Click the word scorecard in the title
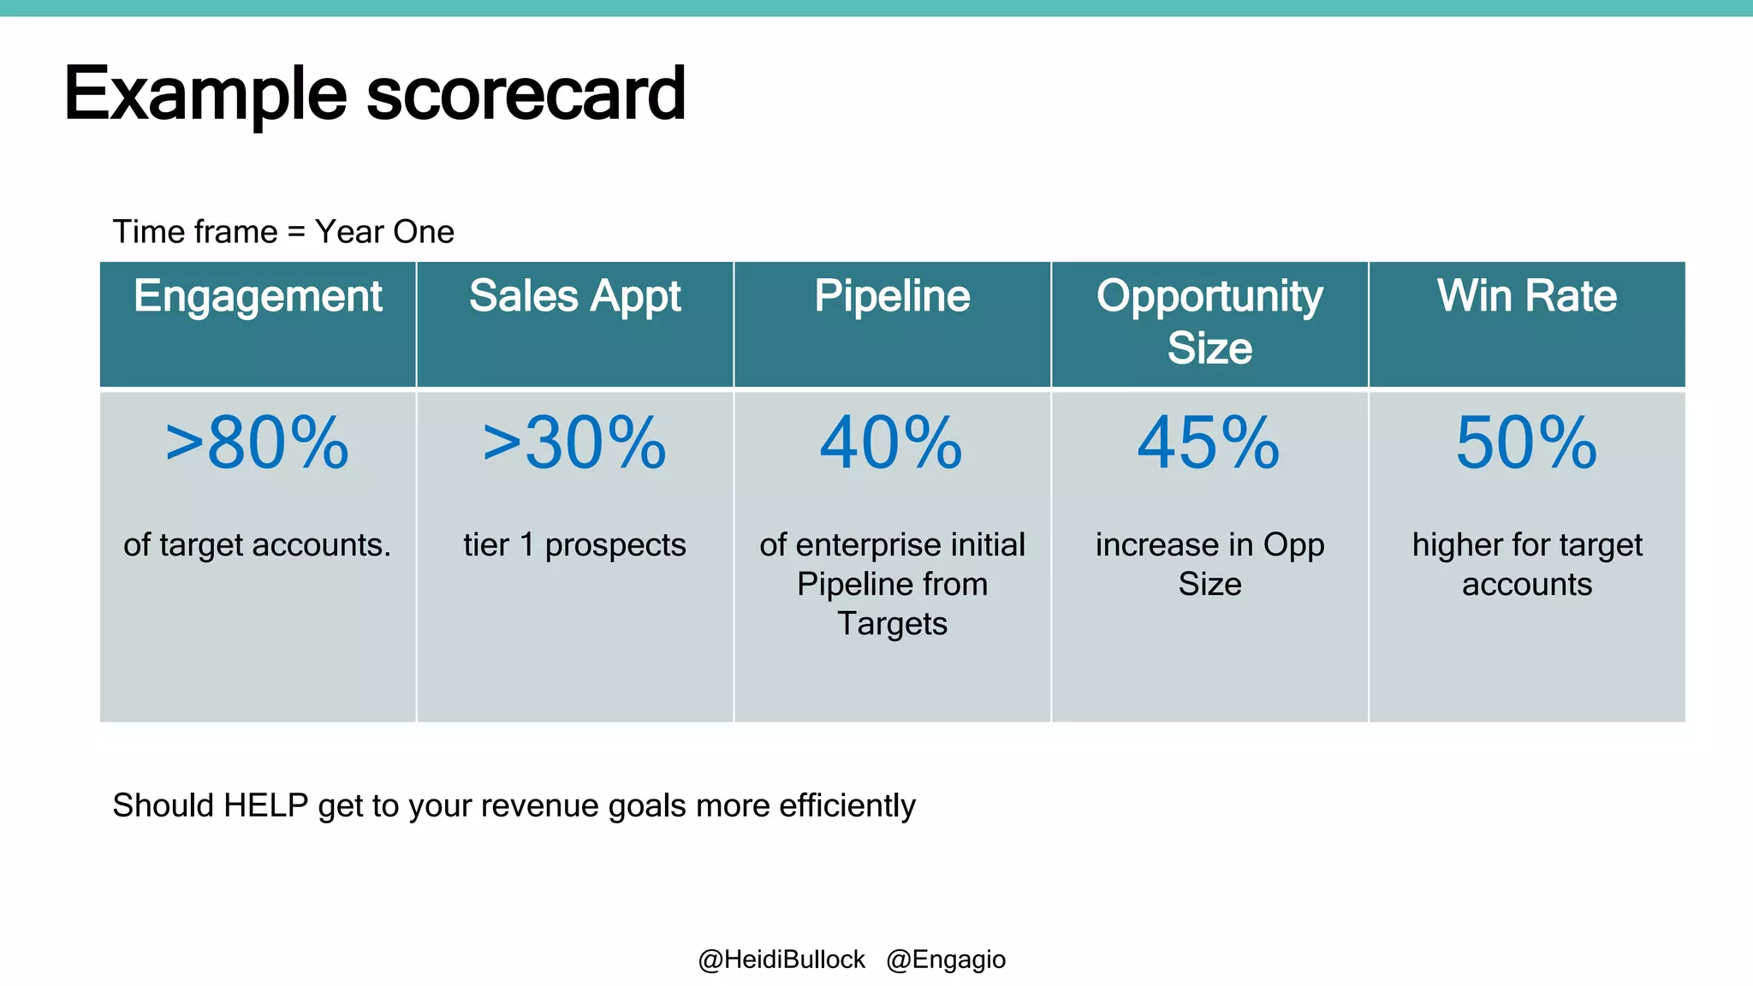(526, 94)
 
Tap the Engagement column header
(258, 297)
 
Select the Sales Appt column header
(574, 297)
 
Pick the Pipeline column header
(892, 297)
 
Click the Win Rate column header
(1527, 297)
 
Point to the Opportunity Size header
(1209, 322)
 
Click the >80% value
(257, 443)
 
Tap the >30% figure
(574, 443)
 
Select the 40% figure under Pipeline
(891, 443)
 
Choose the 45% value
(1209, 443)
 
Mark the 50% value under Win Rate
(1527, 443)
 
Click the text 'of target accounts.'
(257, 545)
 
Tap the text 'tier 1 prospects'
(574, 545)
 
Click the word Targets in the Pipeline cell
(892, 624)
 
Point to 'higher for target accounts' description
(1527, 565)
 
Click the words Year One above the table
(384, 232)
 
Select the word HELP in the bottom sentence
(265, 805)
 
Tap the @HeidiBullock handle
(781, 959)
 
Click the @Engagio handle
(946, 959)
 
